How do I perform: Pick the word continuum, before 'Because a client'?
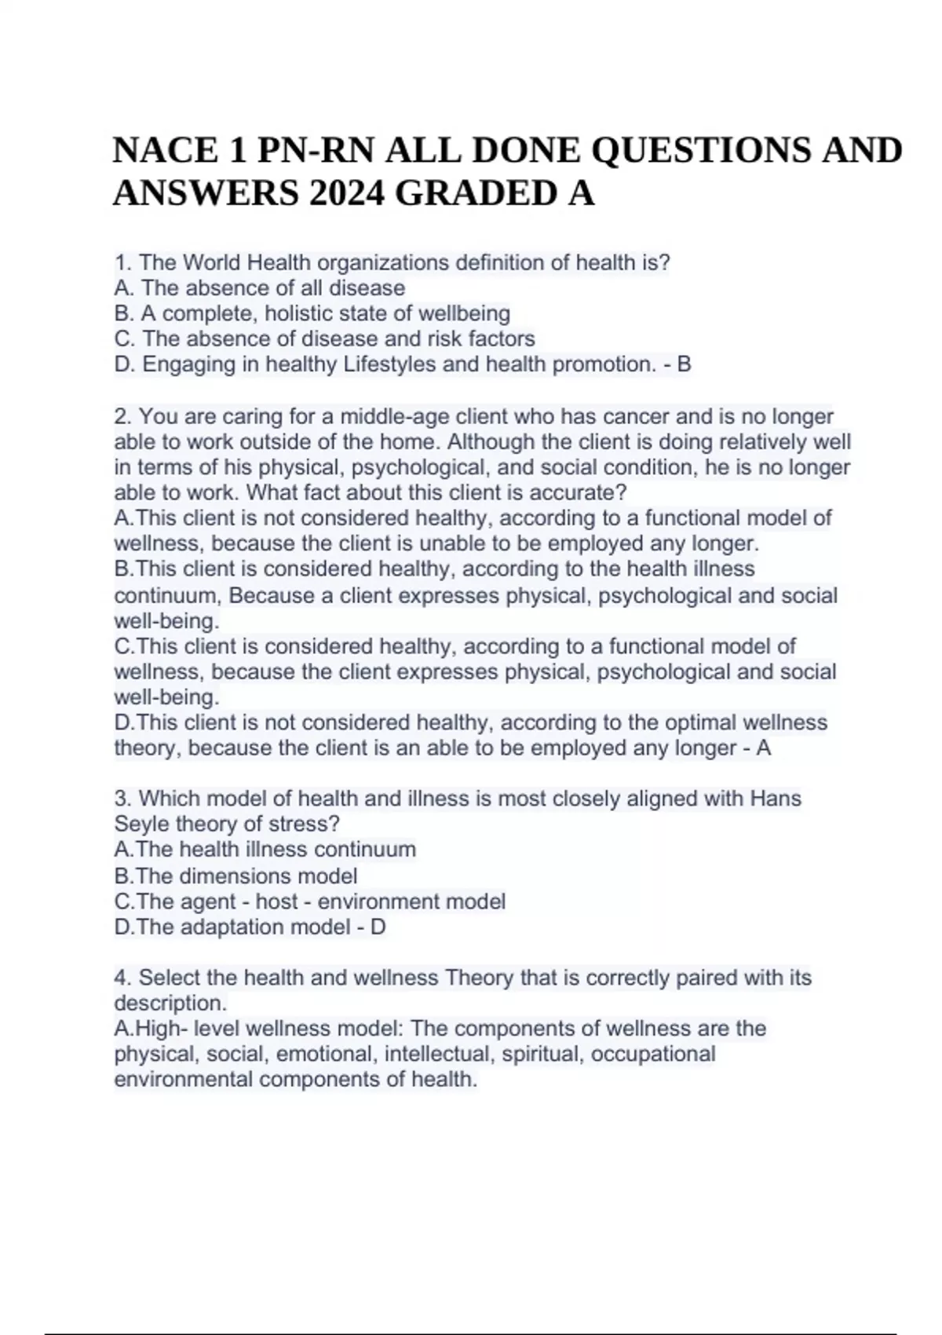(169, 595)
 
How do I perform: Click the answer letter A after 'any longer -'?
(763, 748)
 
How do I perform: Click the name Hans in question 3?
(776, 799)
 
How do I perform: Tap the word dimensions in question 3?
(235, 876)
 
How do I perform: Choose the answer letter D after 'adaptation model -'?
(378, 927)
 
